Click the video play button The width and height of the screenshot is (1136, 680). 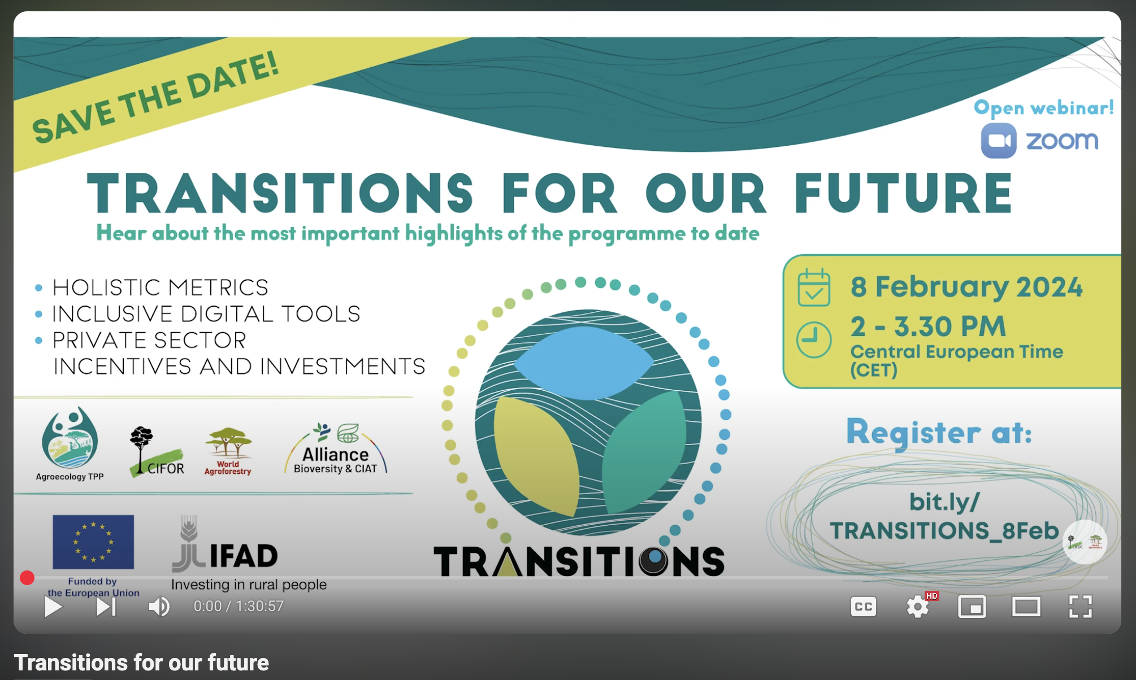[53, 607]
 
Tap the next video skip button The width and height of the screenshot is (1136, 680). [106, 607]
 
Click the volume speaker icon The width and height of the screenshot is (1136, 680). [159, 607]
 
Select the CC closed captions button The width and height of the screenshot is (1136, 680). [863, 607]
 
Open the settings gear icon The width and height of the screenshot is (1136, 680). [917, 607]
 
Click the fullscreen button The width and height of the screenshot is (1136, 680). [1080, 607]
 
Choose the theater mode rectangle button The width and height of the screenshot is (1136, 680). [1026, 607]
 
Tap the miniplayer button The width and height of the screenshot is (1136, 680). [972, 607]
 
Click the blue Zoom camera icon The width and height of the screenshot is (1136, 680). [999, 141]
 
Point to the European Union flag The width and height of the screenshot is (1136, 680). [93, 542]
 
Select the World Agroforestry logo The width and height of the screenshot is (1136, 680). [228, 451]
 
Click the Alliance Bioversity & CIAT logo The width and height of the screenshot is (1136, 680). [336, 449]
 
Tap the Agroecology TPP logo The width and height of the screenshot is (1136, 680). [70, 444]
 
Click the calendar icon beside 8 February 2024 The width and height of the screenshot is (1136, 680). [814, 287]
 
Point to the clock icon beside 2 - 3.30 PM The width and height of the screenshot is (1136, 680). [814, 340]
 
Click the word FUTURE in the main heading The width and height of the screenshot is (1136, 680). [903, 193]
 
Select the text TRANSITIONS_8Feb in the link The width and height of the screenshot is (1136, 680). [944, 531]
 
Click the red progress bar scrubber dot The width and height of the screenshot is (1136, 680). [27, 578]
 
